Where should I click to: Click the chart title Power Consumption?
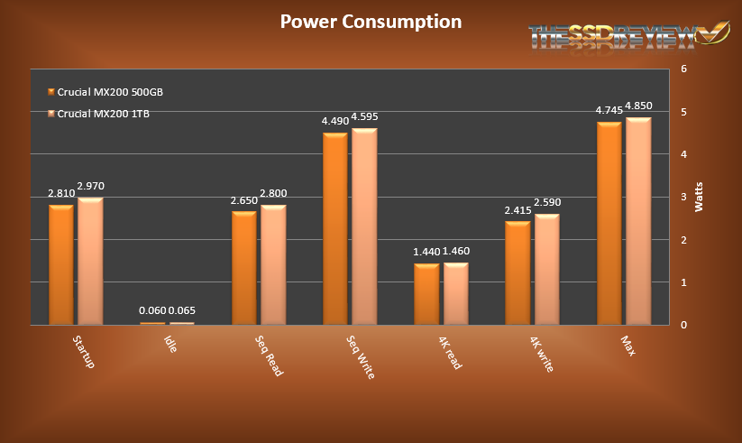(x=371, y=22)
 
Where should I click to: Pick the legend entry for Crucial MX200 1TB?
(x=104, y=114)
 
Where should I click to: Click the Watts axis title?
(x=699, y=197)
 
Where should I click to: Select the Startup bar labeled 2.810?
(x=61, y=264)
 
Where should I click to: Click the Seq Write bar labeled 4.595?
(x=364, y=226)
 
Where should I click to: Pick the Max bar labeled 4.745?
(x=609, y=223)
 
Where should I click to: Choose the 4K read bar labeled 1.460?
(x=455, y=293)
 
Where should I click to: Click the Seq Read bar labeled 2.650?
(x=244, y=268)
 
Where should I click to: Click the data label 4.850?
(x=638, y=107)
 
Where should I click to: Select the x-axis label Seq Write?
(x=362, y=356)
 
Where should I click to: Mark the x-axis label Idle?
(x=170, y=344)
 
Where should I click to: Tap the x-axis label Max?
(x=628, y=345)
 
